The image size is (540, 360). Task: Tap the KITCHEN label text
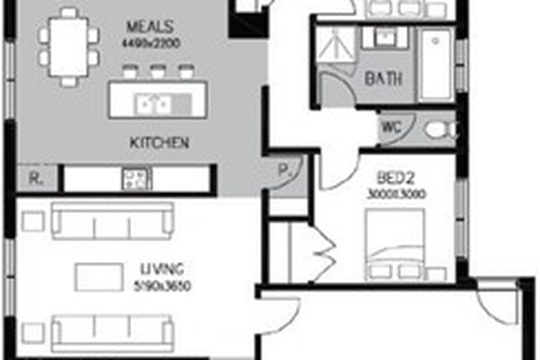160,142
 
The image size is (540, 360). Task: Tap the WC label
390,128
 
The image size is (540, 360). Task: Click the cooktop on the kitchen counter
136,178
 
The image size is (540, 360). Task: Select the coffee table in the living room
99,276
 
